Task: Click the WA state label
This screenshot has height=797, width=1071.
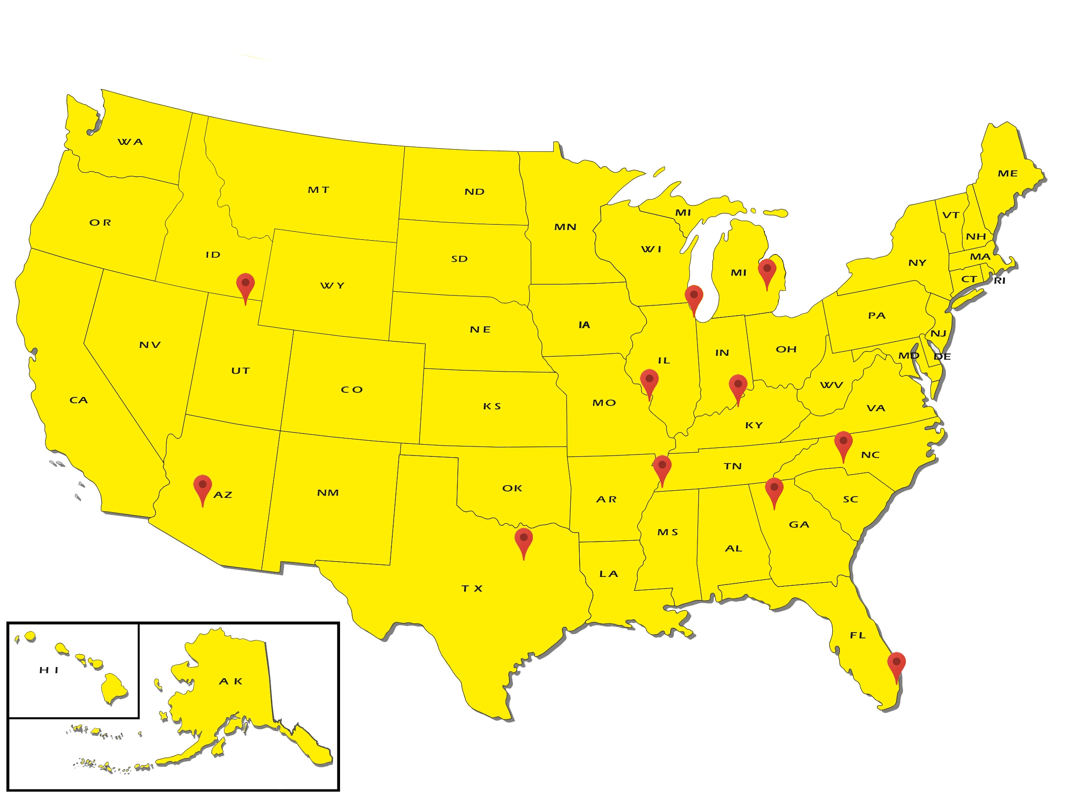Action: (130, 142)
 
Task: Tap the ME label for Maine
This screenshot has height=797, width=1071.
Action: (1007, 174)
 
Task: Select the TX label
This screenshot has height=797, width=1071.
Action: (472, 588)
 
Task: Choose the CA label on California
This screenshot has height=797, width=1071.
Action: (79, 401)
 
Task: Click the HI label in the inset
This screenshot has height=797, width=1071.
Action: (49, 670)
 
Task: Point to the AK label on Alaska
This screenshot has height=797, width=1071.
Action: (231, 682)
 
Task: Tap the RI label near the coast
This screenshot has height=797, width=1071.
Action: (999, 281)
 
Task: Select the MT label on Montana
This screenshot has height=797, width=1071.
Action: (318, 190)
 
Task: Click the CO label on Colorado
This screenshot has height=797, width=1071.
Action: (352, 390)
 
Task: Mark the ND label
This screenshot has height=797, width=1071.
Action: (474, 192)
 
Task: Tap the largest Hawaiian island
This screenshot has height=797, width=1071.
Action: (114, 689)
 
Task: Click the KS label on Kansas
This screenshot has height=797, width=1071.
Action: (492, 407)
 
